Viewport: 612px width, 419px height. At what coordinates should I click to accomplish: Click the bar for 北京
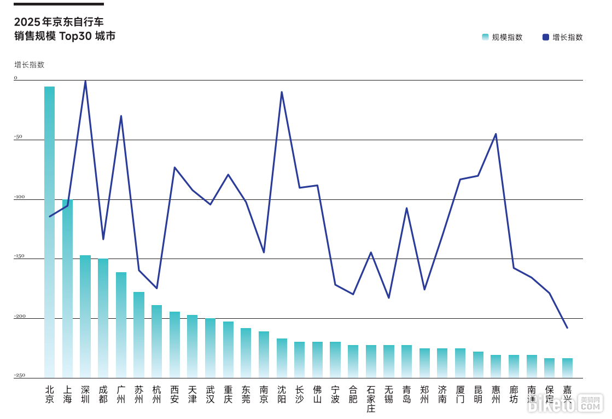pyautogui.click(x=49, y=230)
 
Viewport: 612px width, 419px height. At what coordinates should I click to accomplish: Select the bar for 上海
pyautogui.click(x=67, y=288)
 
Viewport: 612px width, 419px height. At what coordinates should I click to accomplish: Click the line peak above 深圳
pyautogui.click(x=85, y=81)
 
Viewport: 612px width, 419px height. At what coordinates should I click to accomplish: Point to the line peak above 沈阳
pyautogui.click(x=282, y=92)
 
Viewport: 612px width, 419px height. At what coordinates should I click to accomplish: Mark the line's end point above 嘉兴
pyautogui.click(x=567, y=328)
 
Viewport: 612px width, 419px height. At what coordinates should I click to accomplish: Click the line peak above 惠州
pyautogui.click(x=496, y=134)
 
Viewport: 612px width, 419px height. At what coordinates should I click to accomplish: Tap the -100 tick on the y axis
pyautogui.click(x=19, y=197)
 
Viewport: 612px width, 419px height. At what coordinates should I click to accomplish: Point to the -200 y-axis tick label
pyautogui.click(x=19, y=316)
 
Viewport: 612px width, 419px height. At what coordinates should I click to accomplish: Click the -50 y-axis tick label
pyautogui.click(x=18, y=137)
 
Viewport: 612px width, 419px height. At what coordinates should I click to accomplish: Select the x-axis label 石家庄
pyautogui.click(x=371, y=399)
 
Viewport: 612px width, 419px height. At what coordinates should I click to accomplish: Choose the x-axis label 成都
pyautogui.click(x=103, y=394)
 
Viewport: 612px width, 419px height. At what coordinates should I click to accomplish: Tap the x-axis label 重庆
pyautogui.click(x=228, y=394)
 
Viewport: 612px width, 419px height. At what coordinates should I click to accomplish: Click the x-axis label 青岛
pyautogui.click(x=406, y=394)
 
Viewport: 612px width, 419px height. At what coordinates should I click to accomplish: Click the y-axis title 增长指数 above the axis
pyautogui.click(x=29, y=65)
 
